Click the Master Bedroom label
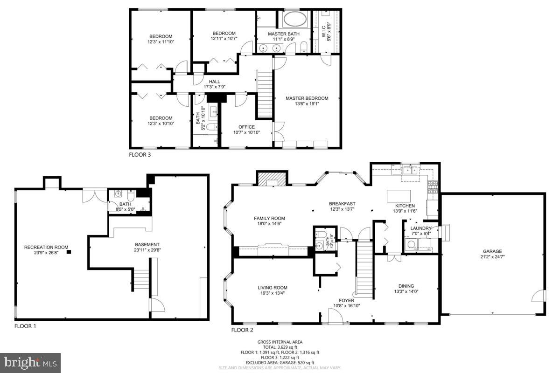coord(307,98)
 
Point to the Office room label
coord(246,127)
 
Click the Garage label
coord(492,251)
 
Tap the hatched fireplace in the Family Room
coord(271,179)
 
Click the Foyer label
coord(347,300)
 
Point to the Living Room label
coord(273,288)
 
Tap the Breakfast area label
coord(342,203)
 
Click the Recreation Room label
coord(46,247)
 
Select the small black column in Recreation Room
coord(69,252)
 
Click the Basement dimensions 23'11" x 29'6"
coord(147,250)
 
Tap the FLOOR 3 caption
coord(140,154)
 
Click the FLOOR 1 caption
coord(25,326)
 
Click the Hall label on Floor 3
coord(215,82)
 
